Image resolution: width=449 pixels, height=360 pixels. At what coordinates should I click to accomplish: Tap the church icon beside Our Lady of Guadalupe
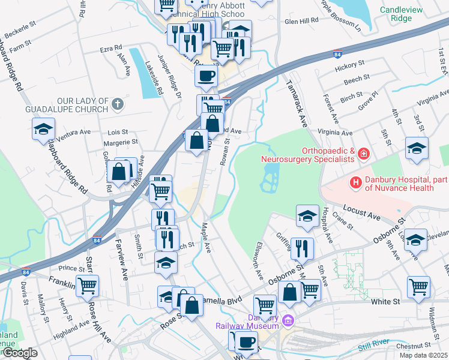(x=118, y=104)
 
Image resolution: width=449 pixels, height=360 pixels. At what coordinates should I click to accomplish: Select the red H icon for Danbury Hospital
(x=356, y=182)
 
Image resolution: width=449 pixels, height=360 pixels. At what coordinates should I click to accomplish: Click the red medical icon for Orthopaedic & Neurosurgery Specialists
(x=363, y=155)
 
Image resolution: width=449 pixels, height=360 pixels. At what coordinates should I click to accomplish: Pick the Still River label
(x=374, y=344)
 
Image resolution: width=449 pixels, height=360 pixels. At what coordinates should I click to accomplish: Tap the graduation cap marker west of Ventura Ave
(x=43, y=130)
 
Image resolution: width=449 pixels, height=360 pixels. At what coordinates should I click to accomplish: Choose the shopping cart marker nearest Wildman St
(x=418, y=286)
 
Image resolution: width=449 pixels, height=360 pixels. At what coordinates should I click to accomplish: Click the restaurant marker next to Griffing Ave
(x=301, y=248)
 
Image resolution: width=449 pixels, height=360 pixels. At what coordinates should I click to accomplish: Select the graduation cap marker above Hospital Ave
(x=307, y=215)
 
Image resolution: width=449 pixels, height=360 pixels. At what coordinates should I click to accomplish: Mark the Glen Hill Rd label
(x=302, y=21)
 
